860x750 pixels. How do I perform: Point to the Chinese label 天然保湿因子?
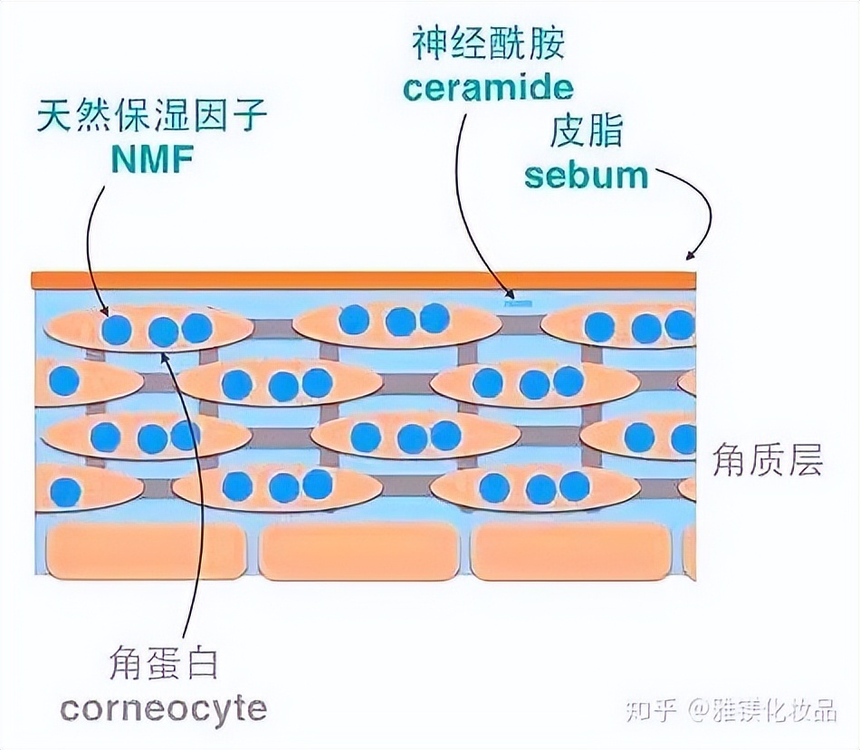click(152, 118)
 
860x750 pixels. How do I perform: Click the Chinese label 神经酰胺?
click(490, 43)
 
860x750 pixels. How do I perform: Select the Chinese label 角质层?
click(768, 462)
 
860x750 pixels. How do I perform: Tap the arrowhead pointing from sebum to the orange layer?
click(691, 255)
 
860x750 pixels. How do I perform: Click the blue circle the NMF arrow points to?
click(116, 329)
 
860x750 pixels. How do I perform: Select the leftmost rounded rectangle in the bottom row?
click(145, 551)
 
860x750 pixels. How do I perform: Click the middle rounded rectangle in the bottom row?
click(359, 551)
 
